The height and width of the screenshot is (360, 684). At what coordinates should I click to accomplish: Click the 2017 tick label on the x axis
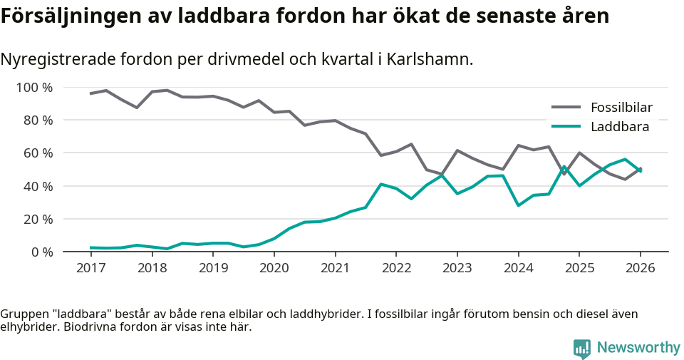click(x=90, y=268)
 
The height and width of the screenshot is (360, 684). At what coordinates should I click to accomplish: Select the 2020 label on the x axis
click(x=274, y=268)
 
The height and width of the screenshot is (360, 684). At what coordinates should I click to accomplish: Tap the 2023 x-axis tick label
click(x=457, y=268)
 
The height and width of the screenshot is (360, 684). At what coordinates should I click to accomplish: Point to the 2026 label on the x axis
click(x=640, y=268)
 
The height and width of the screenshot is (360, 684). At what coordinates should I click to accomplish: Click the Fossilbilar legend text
click(x=621, y=108)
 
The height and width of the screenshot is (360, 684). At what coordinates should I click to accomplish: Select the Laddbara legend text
click(x=619, y=127)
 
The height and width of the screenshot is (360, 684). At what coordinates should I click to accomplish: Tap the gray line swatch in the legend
click(x=566, y=108)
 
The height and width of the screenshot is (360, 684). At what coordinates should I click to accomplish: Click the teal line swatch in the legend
click(x=566, y=127)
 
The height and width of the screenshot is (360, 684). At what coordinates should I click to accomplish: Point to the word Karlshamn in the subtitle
click(x=435, y=59)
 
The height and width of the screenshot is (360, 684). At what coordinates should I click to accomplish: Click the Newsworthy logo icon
click(x=582, y=348)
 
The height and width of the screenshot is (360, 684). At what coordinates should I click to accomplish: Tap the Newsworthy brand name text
click(x=638, y=348)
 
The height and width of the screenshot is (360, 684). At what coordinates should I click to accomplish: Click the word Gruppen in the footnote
click(x=23, y=314)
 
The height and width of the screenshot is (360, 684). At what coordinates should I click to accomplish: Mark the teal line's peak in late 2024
click(x=564, y=167)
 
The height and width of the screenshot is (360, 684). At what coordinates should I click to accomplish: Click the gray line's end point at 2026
click(x=640, y=169)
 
